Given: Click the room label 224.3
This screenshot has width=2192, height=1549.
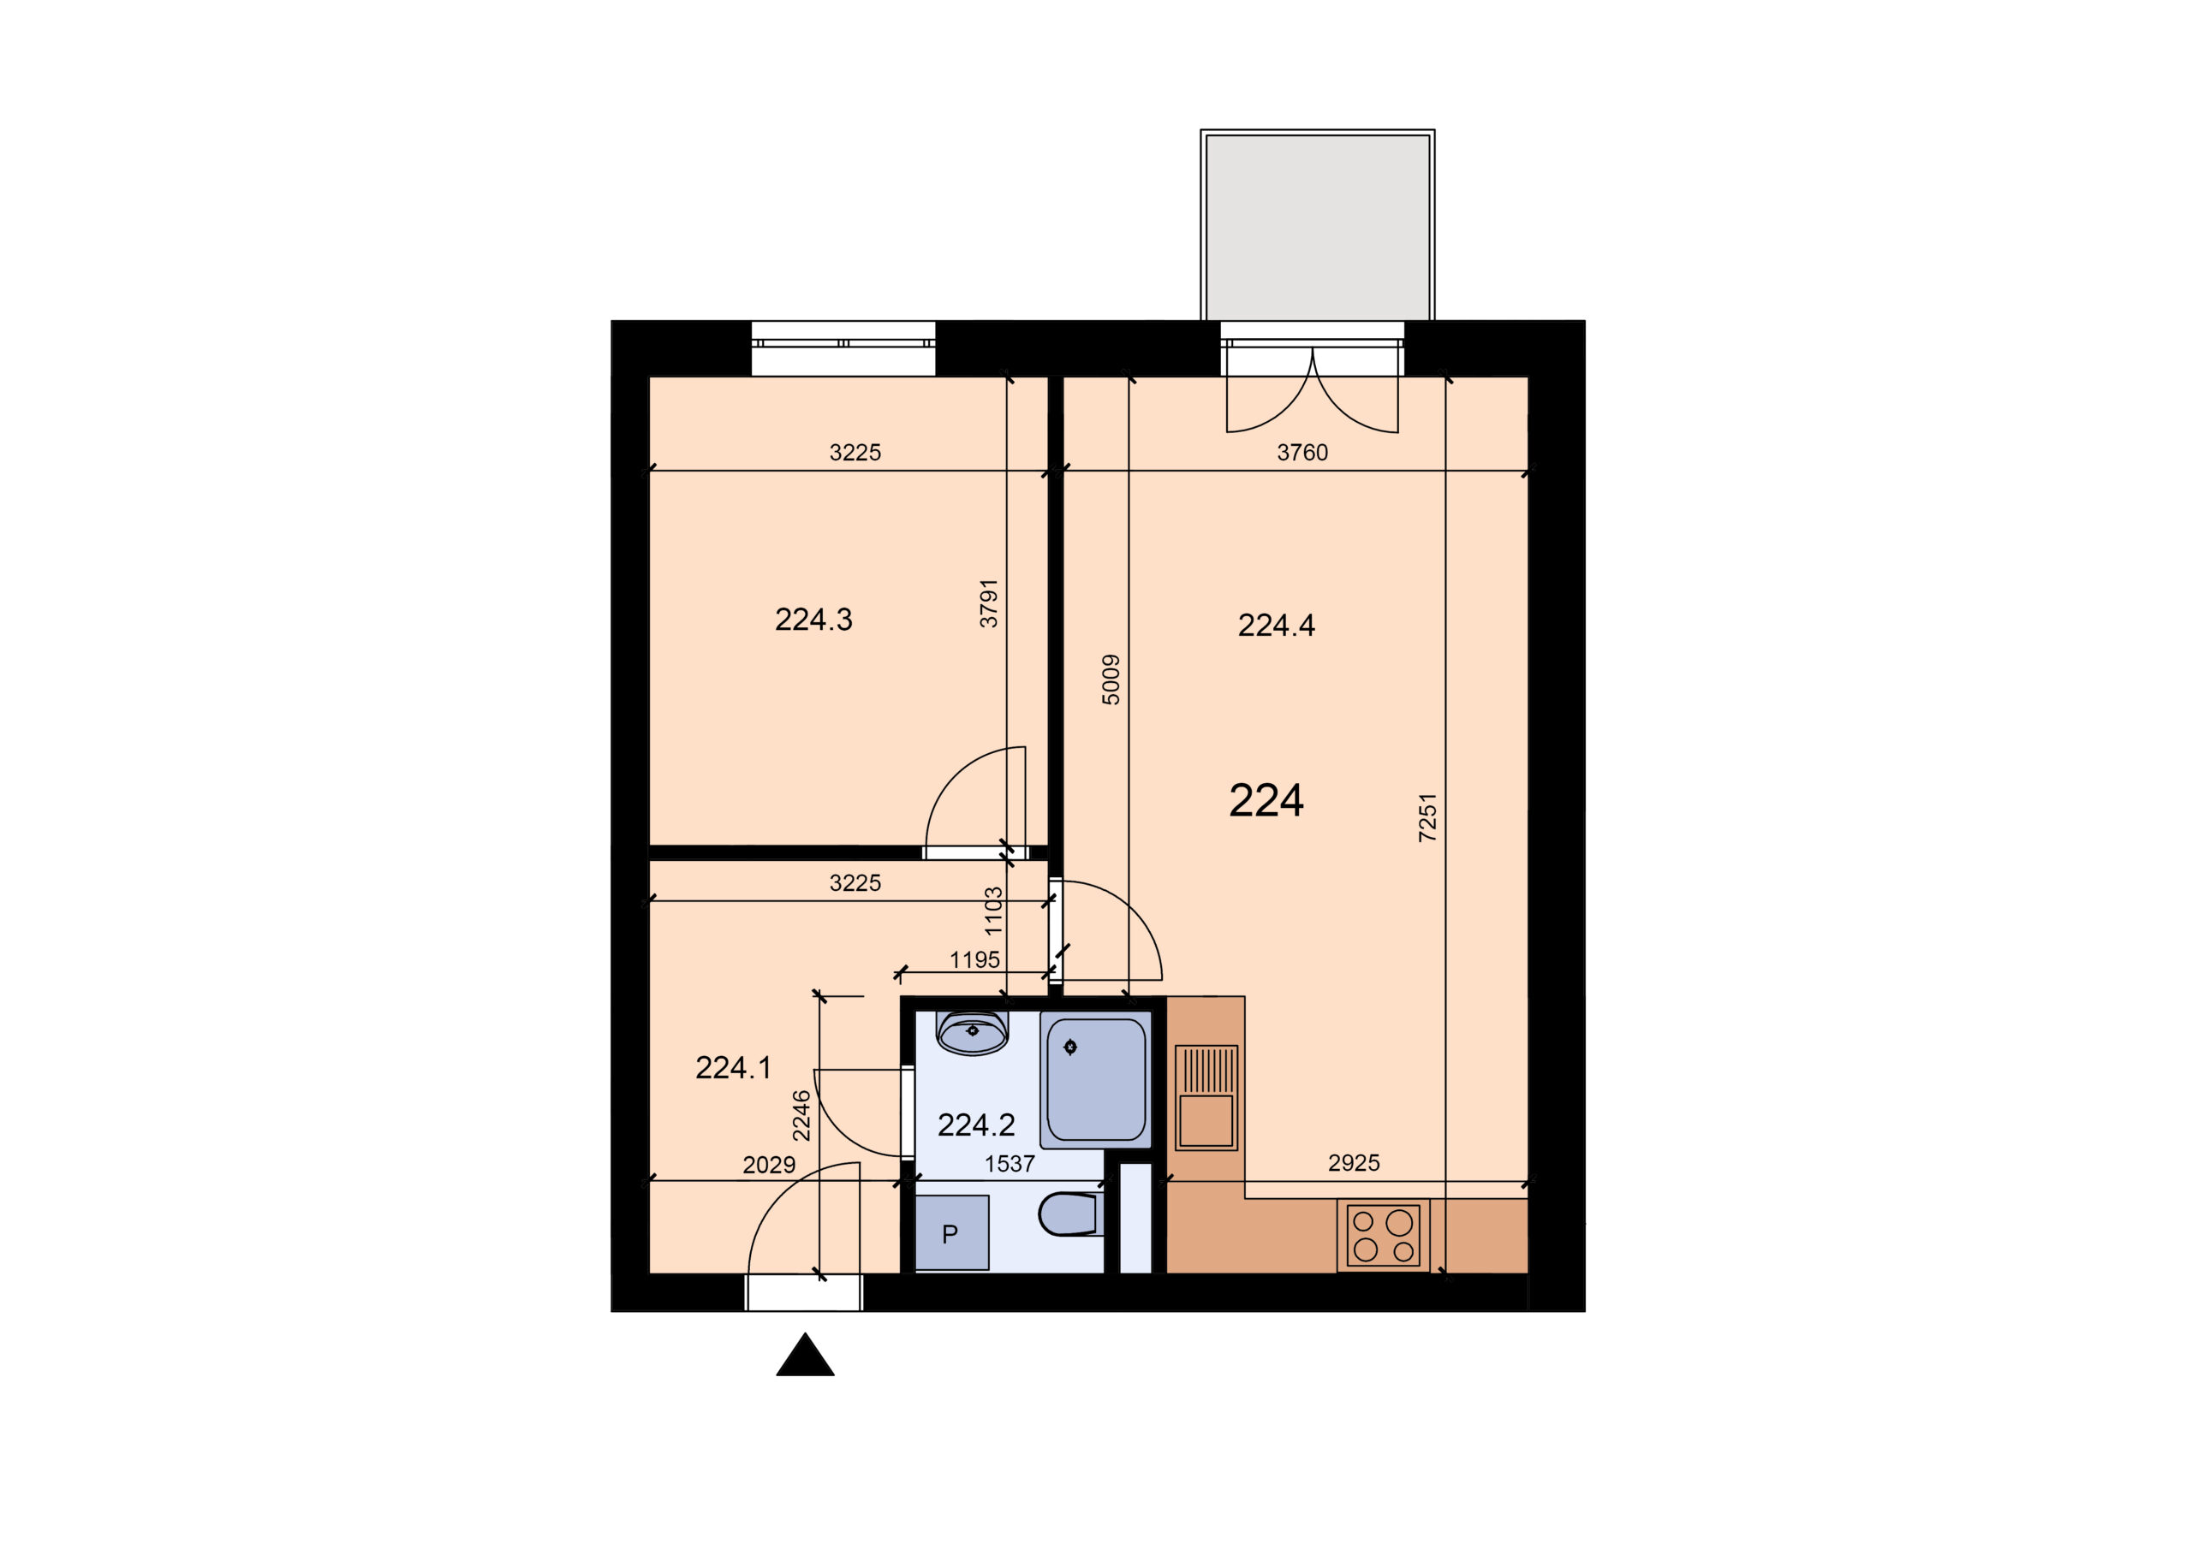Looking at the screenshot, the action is click(813, 620).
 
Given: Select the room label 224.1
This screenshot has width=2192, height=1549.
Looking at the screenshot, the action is click(733, 1068).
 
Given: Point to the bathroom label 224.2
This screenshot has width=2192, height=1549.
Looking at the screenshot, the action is click(976, 1125).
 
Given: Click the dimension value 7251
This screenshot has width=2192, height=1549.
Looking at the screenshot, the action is click(1427, 817).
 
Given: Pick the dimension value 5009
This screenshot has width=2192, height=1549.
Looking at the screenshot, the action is click(1111, 680).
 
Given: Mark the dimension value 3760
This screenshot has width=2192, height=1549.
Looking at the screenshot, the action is click(1302, 453).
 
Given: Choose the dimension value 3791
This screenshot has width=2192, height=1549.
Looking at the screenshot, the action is click(988, 602).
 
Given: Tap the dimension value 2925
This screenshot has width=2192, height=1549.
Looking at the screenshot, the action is click(1354, 1162).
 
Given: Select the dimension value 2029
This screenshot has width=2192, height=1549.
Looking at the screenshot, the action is click(769, 1165).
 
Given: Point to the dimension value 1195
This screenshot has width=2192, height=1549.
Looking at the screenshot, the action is click(974, 959).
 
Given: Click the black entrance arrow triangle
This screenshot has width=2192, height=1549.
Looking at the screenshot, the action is click(805, 1356).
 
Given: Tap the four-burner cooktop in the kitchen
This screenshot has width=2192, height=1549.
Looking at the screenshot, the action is click(1384, 1236).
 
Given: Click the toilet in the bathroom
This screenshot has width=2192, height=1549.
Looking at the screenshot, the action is click(1070, 1214).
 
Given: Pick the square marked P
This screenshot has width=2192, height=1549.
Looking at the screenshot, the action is click(952, 1232).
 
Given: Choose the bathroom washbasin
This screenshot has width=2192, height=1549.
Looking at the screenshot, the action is click(973, 1033).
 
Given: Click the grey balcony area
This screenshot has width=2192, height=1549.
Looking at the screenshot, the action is click(1318, 226).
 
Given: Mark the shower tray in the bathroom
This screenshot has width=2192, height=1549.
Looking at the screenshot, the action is click(1096, 1079).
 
